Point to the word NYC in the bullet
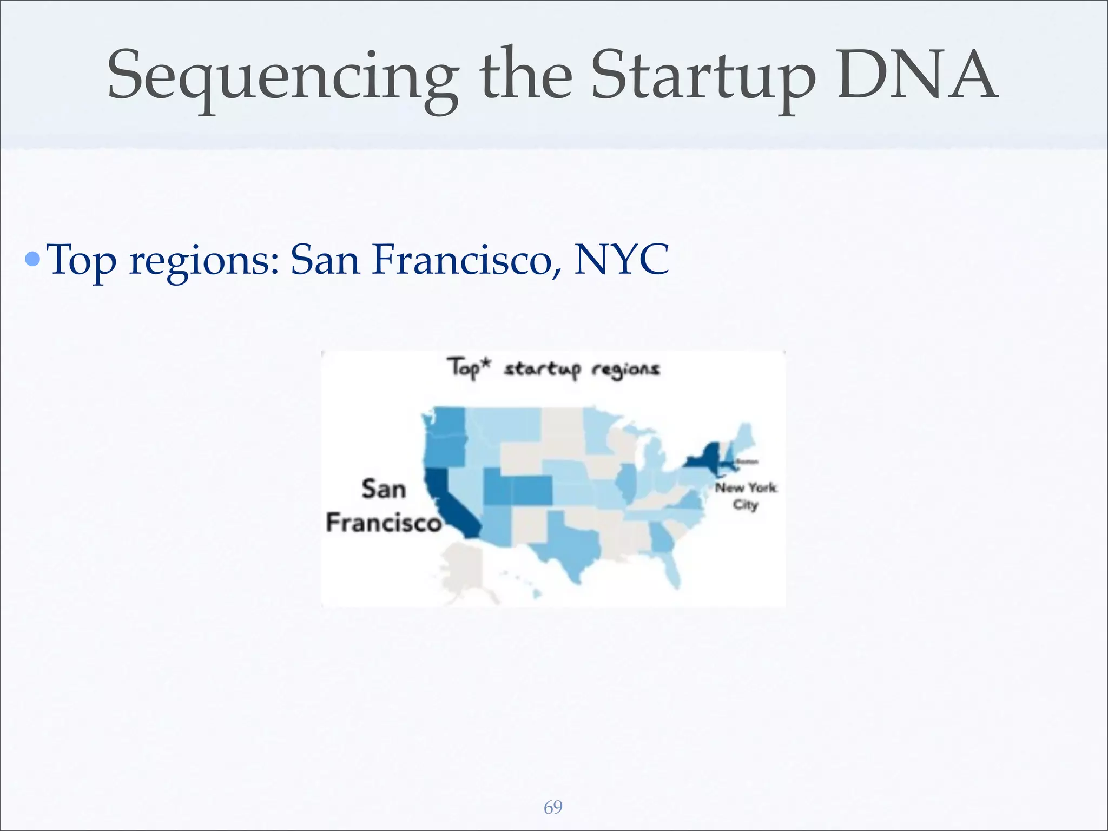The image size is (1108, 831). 621,260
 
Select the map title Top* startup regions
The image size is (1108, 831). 553,369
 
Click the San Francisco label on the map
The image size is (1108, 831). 384,506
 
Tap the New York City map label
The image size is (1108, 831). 745,496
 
